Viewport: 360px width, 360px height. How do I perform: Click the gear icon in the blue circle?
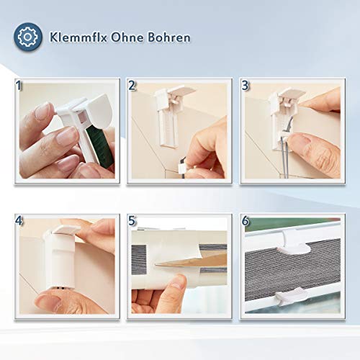28,37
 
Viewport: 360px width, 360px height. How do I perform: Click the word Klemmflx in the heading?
78,37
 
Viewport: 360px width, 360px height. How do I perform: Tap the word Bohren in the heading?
168,37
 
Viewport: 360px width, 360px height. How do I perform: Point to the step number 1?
19,86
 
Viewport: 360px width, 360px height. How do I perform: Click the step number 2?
132,86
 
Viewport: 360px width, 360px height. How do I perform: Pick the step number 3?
245,86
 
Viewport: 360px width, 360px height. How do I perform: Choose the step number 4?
19,221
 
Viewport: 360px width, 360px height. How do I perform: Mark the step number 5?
132,221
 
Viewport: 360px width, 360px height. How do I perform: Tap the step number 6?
245,221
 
